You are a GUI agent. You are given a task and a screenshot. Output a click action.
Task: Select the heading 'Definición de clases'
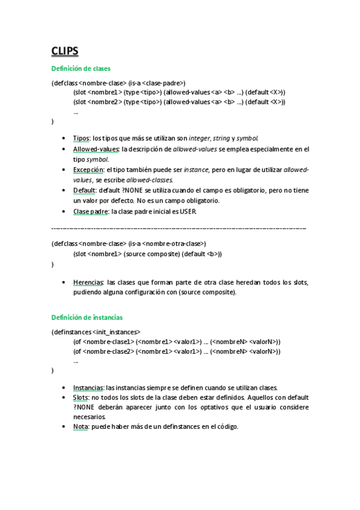point(81,69)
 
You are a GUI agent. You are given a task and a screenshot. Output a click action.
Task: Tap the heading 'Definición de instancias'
point(87,317)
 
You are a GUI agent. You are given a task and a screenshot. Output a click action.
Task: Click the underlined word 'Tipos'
point(81,138)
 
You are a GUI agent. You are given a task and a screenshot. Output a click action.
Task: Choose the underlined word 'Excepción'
point(87,170)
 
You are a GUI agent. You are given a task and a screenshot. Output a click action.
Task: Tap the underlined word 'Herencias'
point(88,281)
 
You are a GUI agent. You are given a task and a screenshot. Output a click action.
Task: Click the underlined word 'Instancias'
point(88,387)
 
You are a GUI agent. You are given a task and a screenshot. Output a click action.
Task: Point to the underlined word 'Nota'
point(81,426)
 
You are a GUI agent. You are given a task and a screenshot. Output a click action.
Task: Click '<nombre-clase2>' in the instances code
point(108,352)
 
